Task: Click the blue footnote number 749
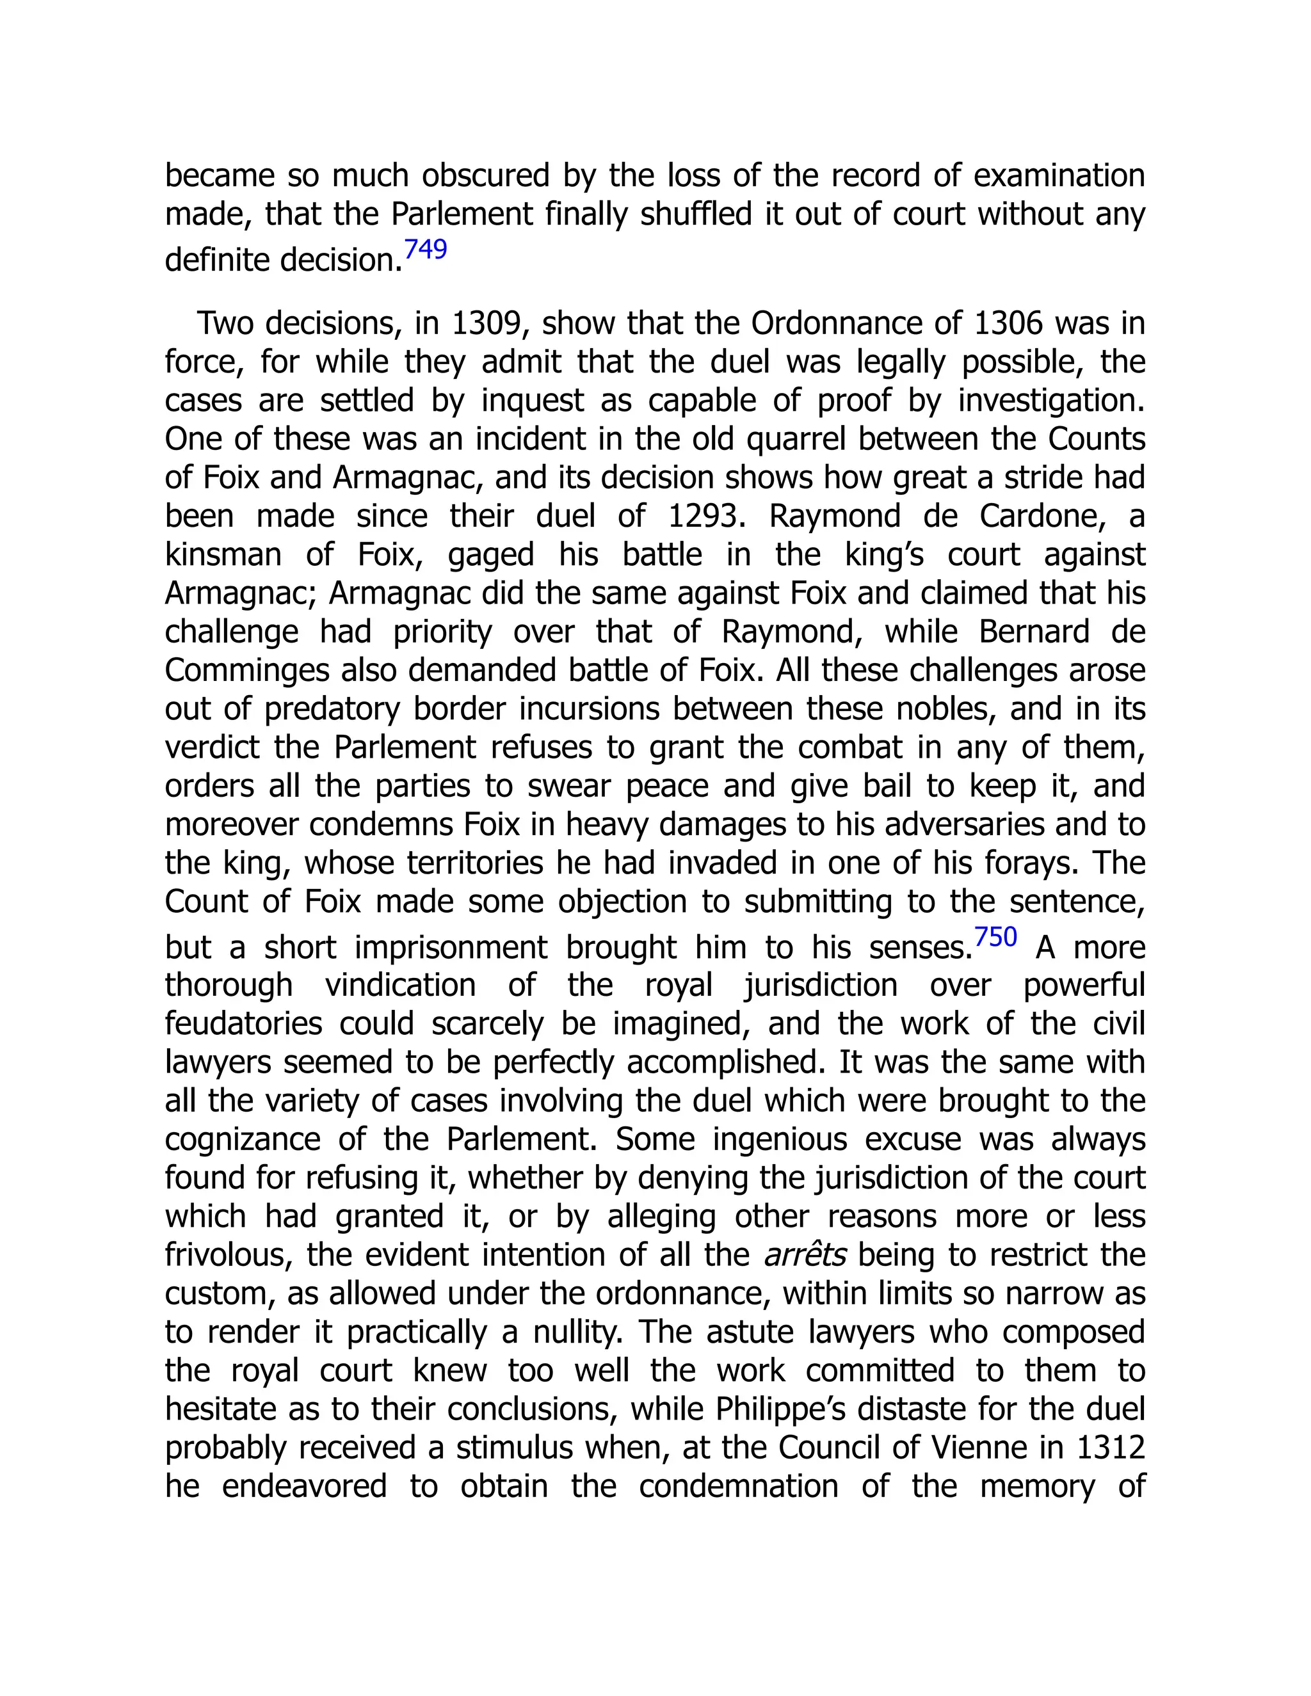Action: point(426,249)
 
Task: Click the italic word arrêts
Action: point(805,1255)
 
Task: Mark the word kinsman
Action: point(223,554)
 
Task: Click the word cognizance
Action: point(243,1139)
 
